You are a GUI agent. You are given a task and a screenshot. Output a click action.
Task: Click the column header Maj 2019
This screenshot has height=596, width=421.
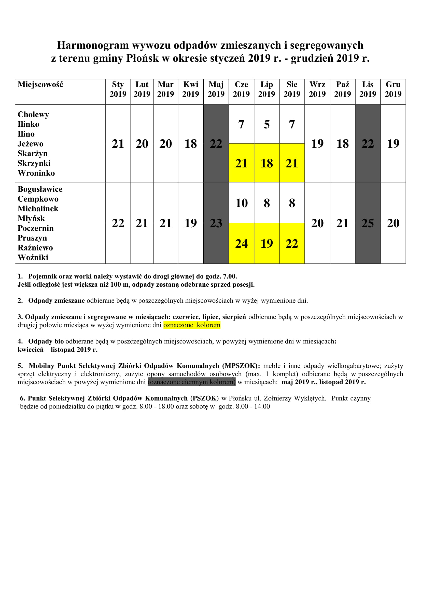pos(216,89)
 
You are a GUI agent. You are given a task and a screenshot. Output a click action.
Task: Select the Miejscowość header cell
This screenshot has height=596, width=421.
pos(40,85)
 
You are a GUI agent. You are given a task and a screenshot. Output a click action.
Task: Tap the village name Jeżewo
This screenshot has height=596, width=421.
pos(30,144)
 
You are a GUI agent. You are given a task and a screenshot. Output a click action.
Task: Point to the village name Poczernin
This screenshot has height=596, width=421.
pos(36,228)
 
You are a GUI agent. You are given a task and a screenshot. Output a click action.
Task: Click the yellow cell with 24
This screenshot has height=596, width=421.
pos(241,244)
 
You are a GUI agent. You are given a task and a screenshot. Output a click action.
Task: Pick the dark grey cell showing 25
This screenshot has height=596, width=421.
pos(368,223)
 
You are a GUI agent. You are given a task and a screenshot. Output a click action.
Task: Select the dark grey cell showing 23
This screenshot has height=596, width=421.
pos(216,223)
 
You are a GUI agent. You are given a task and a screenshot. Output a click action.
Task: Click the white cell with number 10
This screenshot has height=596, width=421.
pos(241,203)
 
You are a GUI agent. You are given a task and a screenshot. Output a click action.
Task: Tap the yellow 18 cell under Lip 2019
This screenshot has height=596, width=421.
pos(266,163)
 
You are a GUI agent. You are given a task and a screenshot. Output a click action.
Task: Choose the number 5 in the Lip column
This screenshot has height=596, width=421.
pos(266,124)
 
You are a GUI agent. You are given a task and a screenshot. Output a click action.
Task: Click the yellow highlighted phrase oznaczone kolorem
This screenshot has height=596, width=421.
pos(192,325)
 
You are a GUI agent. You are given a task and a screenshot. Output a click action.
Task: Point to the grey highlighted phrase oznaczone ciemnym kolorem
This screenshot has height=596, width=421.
pos(192,382)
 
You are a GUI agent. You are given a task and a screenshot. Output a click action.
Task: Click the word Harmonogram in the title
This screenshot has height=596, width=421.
pos(93,45)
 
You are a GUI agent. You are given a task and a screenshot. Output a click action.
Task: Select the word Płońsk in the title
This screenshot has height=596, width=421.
pos(142,58)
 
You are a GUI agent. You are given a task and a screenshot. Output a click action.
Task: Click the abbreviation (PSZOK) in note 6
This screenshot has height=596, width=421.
pos(205,398)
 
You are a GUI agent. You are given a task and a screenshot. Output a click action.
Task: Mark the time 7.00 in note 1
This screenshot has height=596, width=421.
pos(230,276)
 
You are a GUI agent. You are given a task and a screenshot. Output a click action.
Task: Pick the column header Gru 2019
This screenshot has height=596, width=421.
pos(393,89)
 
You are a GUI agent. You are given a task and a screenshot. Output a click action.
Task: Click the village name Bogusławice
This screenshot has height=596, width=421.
pos(40,189)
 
